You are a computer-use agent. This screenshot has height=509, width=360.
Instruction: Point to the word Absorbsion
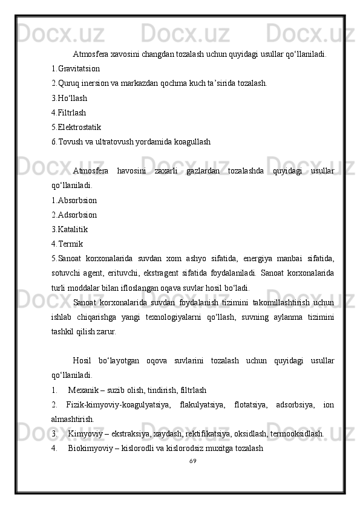click(x=77, y=200)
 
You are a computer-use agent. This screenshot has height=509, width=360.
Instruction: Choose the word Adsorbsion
click(x=77, y=215)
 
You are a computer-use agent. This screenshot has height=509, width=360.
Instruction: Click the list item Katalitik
click(x=73, y=229)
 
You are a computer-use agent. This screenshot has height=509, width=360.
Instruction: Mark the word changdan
click(x=146, y=54)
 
